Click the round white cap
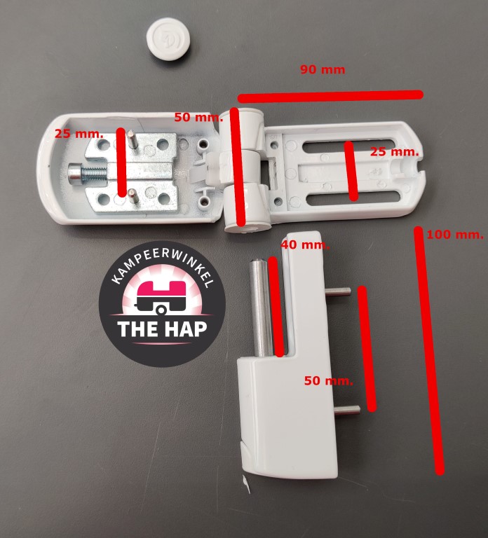pos(168,39)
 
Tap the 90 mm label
pos(323,69)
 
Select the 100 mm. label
pos(455,235)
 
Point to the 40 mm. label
pos(305,245)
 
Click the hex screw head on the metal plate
pos(74,173)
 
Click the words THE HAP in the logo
pos(162,329)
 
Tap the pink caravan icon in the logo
pos(161,298)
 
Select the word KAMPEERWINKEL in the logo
pos(163,266)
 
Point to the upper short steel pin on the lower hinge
pos(338,292)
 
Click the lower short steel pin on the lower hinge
pos(347,410)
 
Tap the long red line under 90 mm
pos(330,97)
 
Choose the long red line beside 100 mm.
pos(428,351)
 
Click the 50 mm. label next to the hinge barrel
pos(198,118)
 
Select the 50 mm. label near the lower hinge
pos(329,380)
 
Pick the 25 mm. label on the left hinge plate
pos(79,134)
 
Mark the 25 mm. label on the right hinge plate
pos(394,151)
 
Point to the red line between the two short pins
pos(367,348)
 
